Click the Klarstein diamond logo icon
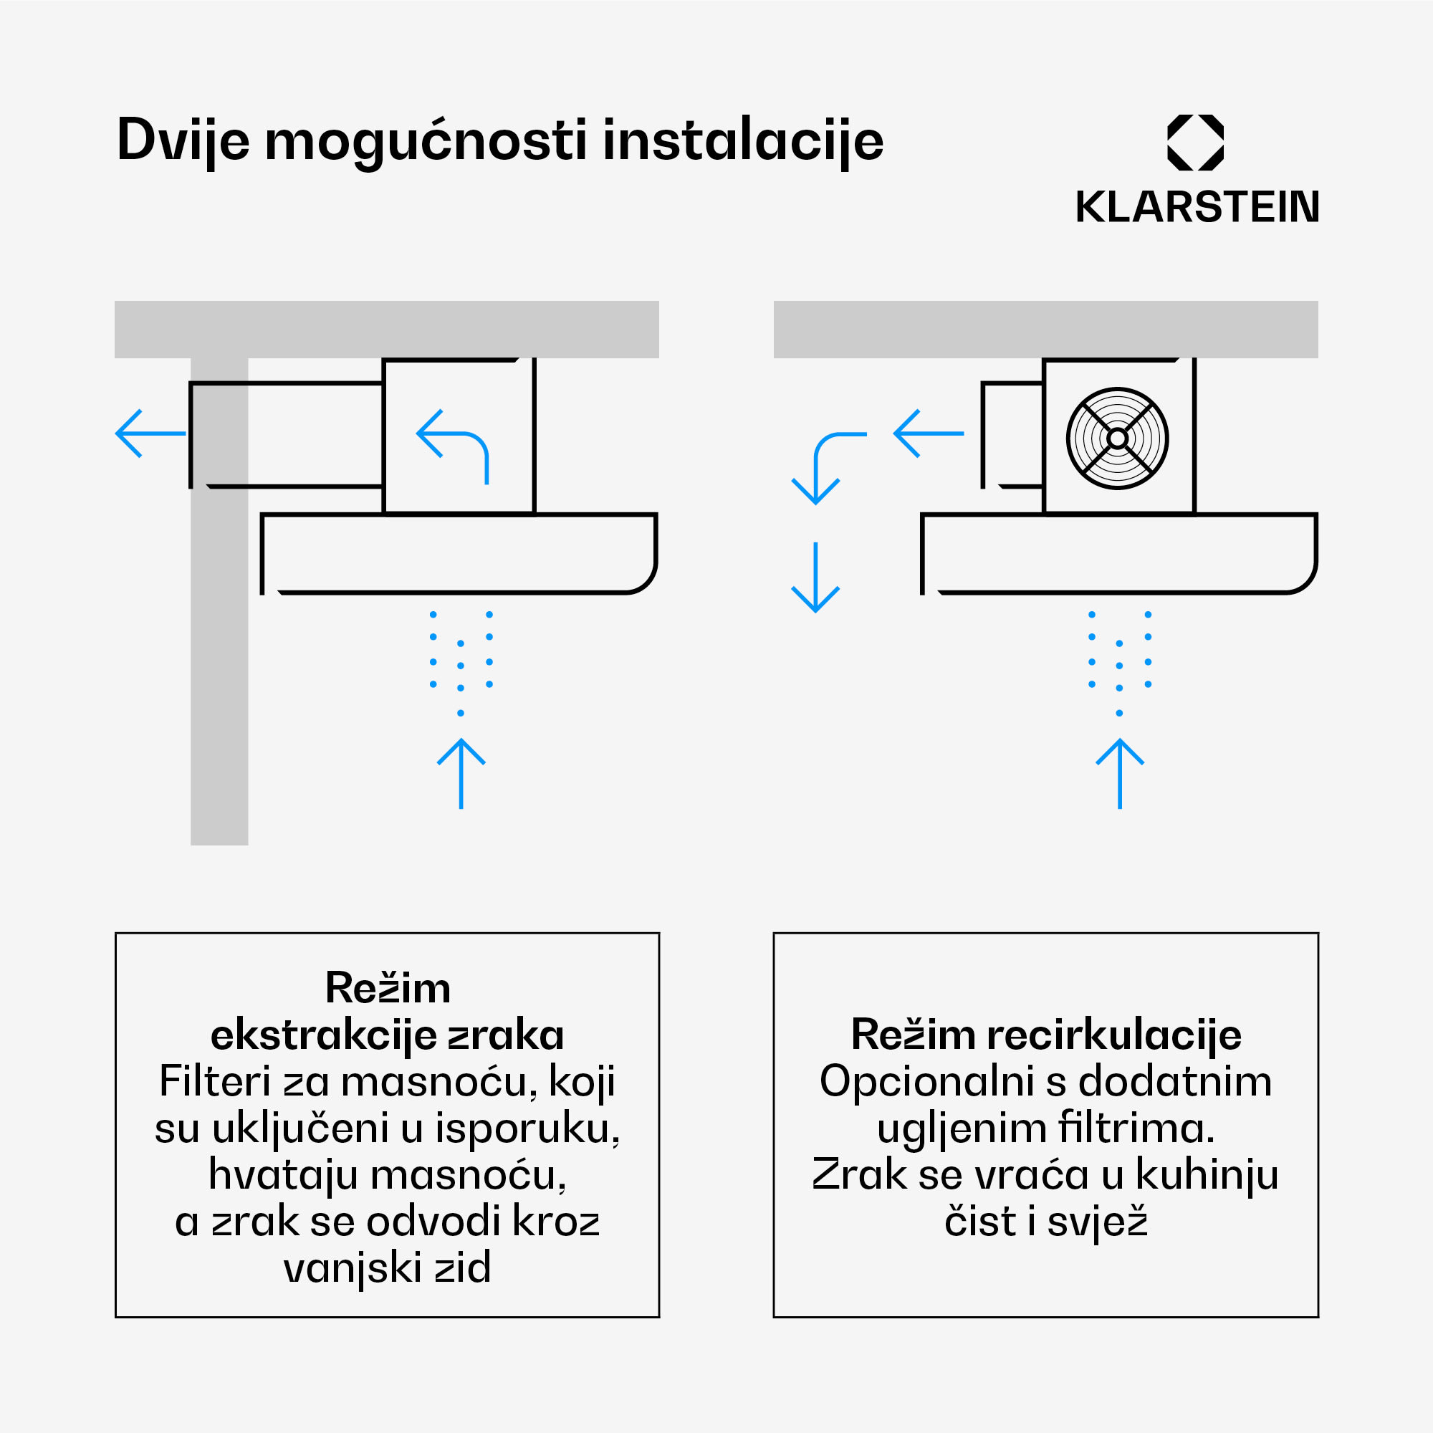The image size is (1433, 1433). point(1195,143)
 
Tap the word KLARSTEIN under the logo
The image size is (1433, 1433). point(1197,207)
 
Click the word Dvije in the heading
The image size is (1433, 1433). point(183,141)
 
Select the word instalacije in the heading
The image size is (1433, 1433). point(742,141)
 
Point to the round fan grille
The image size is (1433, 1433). point(1117,438)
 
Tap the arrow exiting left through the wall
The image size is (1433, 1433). point(150,433)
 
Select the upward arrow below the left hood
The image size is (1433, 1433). point(461,773)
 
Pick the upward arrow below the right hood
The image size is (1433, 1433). point(1120,773)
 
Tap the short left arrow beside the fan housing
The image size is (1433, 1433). point(929,433)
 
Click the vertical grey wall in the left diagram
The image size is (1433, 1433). point(219,668)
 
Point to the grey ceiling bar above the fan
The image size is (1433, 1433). point(1046,330)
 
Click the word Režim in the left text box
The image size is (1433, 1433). point(388,988)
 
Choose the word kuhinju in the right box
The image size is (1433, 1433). point(1207,1175)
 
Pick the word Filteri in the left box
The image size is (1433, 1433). point(215,1081)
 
